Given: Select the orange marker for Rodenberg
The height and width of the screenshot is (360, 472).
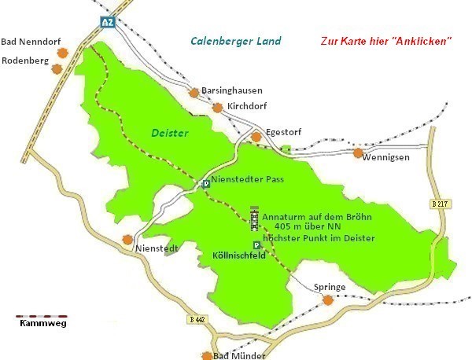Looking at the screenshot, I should pos(57,68).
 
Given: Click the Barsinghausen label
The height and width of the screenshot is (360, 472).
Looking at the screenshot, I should pos(232,90).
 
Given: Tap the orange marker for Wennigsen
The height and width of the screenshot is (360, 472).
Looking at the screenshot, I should pos(359,152).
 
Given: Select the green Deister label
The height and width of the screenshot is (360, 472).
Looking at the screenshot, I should pos(170,134).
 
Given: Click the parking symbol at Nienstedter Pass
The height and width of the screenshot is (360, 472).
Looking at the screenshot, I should pos(206,183).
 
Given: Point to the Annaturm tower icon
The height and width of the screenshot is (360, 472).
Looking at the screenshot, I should pos(254,219).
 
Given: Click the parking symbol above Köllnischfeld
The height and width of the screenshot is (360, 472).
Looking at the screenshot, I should pos(256,245).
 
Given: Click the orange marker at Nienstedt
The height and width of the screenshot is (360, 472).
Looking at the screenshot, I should pos(127,239).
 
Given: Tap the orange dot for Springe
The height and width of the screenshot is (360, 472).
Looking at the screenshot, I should pos(329,299).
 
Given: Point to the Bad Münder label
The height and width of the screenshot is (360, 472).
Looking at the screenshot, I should pos(239,355).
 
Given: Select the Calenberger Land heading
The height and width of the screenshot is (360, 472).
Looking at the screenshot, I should pos(236,41).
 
